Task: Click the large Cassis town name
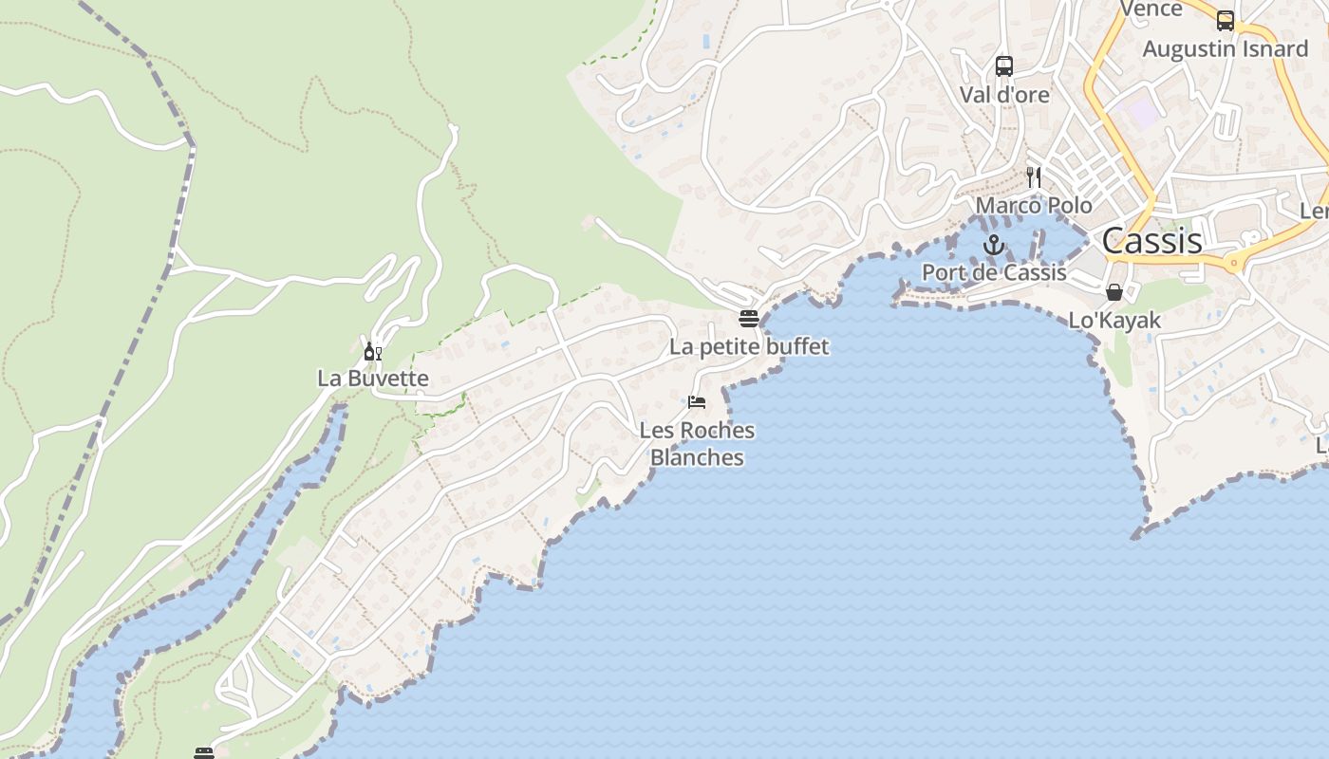tap(1151, 241)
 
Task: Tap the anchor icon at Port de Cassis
tap(993, 245)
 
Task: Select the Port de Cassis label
tap(994, 272)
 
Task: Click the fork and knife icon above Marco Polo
tap(1034, 177)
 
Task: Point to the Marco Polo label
tap(1034, 205)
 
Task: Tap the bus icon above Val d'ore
tap(1004, 66)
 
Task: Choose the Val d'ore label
tap(1004, 95)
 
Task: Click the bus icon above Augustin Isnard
tap(1226, 21)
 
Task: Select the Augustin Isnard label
tap(1225, 48)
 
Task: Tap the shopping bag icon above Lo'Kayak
tap(1114, 292)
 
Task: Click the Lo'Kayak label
tap(1114, 320)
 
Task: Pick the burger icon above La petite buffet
tap(749, 318)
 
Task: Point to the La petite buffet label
tap(749, 346)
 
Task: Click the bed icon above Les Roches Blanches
tap(697, 402)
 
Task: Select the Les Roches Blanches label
tap(697, 443)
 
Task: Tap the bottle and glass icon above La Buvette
tap(373, 352)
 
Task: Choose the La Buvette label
tap(373, 378)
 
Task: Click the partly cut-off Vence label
tap(1151, 9)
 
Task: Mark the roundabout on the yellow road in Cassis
tap(1235, 263)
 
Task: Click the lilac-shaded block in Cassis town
tap(1143, 113)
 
